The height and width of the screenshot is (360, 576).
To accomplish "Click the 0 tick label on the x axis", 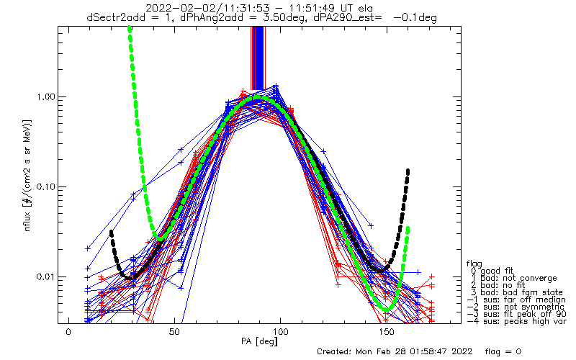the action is pyautogui.click(x=68, y=332).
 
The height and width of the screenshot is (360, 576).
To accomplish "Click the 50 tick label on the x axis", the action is pyautogui.click(x=174, y=332).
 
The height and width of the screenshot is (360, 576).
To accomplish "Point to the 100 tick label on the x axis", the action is pyautogui.click(x=280, y=332).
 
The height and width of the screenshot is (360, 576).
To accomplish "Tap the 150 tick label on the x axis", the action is pyautogui.click(x=386, y=332).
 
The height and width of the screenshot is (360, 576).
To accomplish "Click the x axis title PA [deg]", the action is pyautogui.click(x=259, y=341).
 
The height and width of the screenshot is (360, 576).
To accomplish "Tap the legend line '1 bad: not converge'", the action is pyautogui.click(x=514, y=278).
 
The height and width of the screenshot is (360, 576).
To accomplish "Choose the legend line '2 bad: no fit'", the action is pyautogui.click(x=498, y=285).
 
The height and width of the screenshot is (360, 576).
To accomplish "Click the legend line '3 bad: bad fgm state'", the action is pyautogui.click(x=517, y=293).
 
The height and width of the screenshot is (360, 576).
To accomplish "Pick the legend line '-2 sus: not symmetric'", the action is pyautogui.click(x=516, y=307).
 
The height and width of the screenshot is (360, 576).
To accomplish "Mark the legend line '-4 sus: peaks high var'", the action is pyautogui.click(x=516, y=321).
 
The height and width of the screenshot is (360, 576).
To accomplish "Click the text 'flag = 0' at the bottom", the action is pyautogui.click(x=503, y=352).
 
